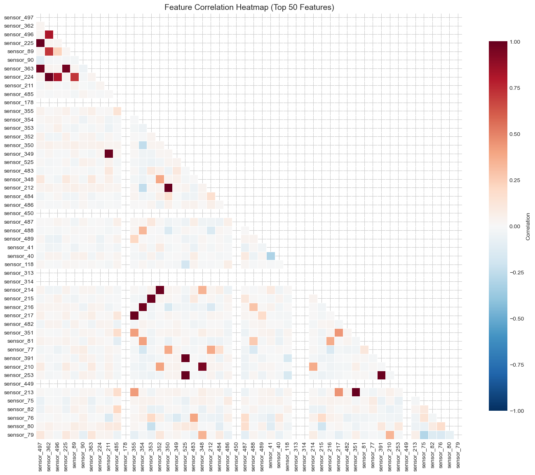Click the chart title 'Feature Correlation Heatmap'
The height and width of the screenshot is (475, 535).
(x=249, y=7)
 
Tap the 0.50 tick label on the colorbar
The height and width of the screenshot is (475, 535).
(x=521, y=134)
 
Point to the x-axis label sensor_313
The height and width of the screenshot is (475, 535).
(x=296, y=455)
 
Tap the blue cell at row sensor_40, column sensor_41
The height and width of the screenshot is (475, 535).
(x=270, y=256)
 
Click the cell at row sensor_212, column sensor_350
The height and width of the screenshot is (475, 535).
(x=168, y=188)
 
